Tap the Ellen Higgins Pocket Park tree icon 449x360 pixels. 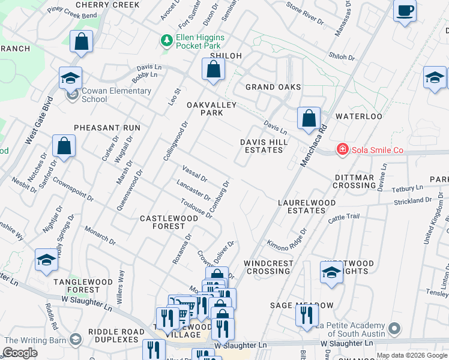[x=166, y=41]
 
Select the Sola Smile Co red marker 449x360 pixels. [x=342, y=149]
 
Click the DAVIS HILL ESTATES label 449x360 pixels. [x=264, y=146]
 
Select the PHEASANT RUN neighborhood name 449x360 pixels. [x=107, y=128]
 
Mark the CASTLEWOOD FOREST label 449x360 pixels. [x=169, y=223]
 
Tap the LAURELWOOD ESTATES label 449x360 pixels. [x=306, y=207]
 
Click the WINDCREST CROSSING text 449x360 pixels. [x=269, y=268]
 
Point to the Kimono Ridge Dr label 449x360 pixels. [x=287, y=239]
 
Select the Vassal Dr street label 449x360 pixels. [x=194, y=175]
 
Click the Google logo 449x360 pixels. [x=20, y=353]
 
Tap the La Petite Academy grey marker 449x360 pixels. [x=394, y=328]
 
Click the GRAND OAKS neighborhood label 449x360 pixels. [x=273, y=87]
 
